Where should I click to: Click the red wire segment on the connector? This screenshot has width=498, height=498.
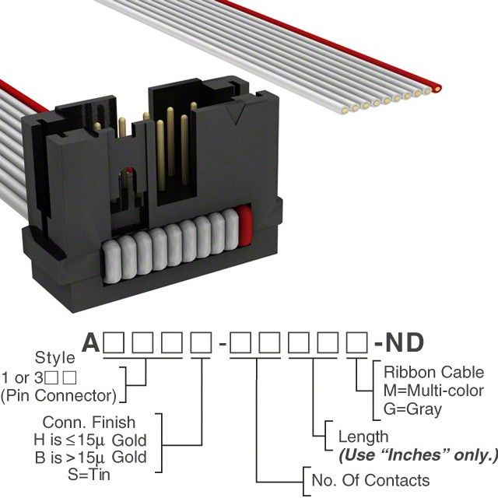coord(244,226)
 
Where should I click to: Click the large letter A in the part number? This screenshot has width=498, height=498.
coord(90,343)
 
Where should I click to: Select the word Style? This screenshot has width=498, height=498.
coord(56,359)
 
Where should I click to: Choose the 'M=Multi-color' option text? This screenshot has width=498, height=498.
coord(433,391)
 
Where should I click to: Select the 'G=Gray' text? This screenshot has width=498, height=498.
coord(413,409)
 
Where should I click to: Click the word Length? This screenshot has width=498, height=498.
coord(363,437)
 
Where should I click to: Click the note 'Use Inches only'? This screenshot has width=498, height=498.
coord(417,454)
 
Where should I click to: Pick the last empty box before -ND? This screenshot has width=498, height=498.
coord(357,343)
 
